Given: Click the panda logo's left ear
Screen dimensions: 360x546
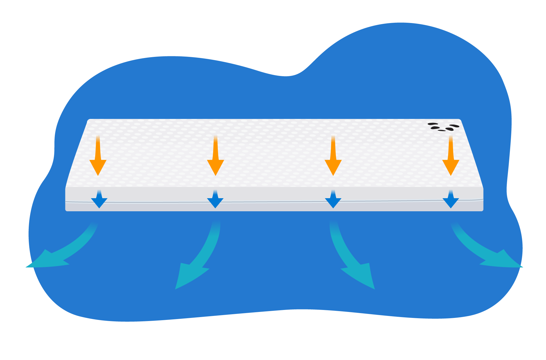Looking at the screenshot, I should click(433, 124).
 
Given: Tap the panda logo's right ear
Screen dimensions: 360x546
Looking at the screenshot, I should click(454, 126).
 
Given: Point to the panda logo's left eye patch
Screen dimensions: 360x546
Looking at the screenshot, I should click(435, 128).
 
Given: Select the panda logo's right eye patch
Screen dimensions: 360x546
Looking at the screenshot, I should click(449, 129).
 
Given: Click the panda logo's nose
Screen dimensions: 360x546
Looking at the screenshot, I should click(442, 131).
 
